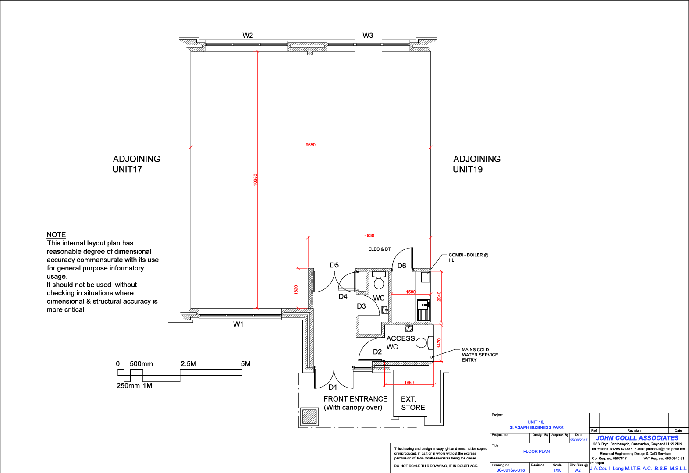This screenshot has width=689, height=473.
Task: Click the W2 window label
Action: pos(248,36)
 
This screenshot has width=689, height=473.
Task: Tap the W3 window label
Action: pos(368,36)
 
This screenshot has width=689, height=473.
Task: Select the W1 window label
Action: pos(238,324)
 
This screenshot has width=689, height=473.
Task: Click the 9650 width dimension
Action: pos(310,145)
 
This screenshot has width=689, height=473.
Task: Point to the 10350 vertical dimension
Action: pos(256,180)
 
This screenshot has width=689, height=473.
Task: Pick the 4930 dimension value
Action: pos(369,235)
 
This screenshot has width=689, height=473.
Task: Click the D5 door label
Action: pos(334,265)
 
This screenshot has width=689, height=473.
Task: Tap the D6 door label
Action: pos(401,266)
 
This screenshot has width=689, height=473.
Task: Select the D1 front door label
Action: pos(333,387)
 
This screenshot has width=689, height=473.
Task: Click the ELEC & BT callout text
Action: pos(379,249)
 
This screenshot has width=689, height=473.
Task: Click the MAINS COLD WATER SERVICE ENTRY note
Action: pos(479,355)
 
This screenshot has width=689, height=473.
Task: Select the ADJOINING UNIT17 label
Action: pos(136,164)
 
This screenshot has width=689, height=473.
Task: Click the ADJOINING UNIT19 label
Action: pos(476,164)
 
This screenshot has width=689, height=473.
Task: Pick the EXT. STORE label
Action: pos(413,403)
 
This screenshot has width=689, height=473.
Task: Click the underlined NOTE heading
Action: pos(56,235)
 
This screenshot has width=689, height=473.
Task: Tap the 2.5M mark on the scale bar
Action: pos(188,364)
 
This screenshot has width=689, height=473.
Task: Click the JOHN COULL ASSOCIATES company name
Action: pos(637,438)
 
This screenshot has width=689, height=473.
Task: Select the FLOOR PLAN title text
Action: pos(536,451)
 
